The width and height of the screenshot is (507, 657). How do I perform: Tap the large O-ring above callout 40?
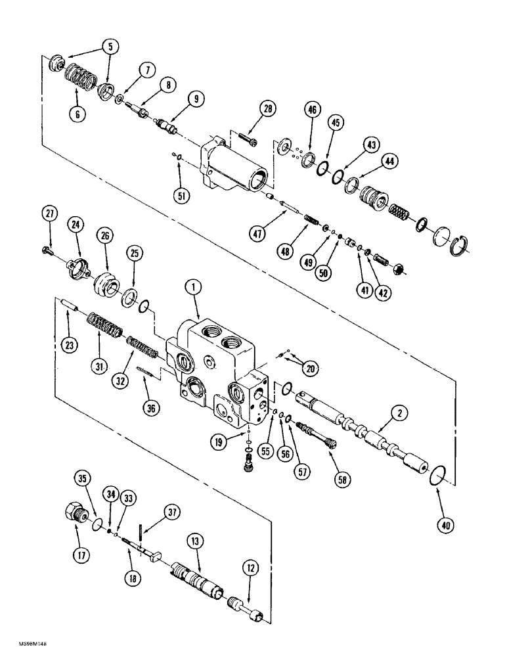click(x=435, y=476)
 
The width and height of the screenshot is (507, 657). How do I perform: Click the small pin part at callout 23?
click(x=70, y=306)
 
